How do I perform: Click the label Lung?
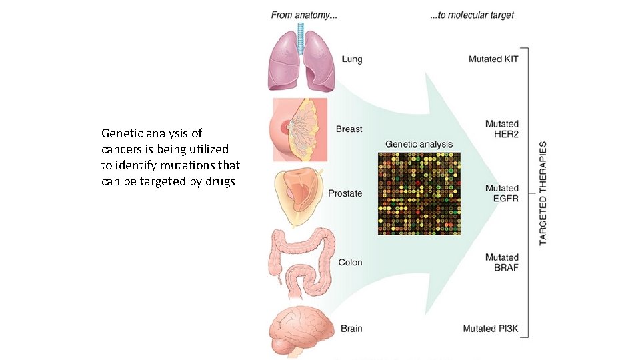352,59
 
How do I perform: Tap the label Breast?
349,129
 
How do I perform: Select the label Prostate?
345,193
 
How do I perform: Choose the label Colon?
350,262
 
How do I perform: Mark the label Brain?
351,328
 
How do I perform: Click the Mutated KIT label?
493,59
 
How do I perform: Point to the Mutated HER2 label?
501,129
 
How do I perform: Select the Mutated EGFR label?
501,193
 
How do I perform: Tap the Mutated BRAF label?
501,262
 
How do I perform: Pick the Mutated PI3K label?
490,328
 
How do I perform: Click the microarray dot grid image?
419,193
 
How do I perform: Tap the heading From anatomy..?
304,15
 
